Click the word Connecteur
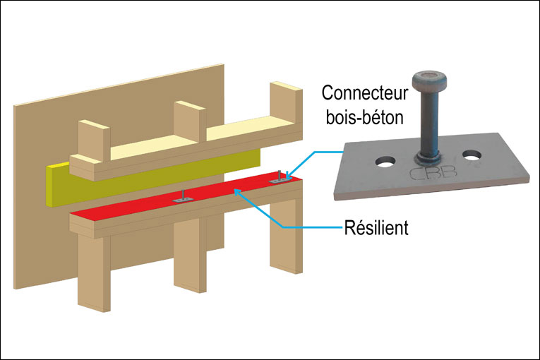(x=364, y=92)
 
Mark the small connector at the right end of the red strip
(x=281, y=179)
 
